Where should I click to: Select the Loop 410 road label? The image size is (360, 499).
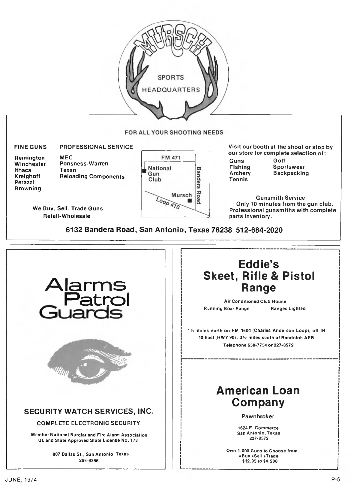click(168, 203)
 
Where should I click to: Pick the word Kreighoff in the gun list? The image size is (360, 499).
click(27, 176)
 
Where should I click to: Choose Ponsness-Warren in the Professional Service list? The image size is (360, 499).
click(84, 164)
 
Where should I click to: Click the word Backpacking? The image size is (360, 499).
click(291, 173)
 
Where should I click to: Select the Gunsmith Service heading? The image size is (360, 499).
click(280, 198)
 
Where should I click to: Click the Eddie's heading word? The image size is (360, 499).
click(258, 264)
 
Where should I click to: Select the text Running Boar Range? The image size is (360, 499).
click(226, 308)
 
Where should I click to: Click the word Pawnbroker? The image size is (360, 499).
click(258, 416)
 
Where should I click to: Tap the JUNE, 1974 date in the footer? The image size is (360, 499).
click(21, 480)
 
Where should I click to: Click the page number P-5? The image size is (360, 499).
click(335, 480)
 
